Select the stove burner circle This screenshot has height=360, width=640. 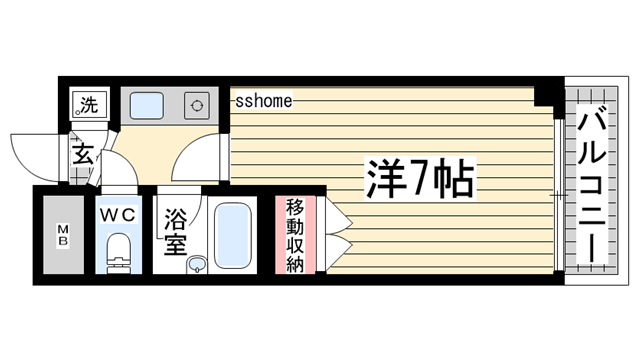(x=197, y=105)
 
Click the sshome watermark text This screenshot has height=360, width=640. (x=264, y=100)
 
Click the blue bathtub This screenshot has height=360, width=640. (x=233, y=236)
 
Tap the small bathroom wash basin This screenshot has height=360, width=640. (x=197, y=264)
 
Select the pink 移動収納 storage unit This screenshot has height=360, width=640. (x=296, y=234)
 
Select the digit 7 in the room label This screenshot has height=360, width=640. (x=411, y=180)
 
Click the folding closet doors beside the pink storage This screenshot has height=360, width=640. (x=333, y=234)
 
